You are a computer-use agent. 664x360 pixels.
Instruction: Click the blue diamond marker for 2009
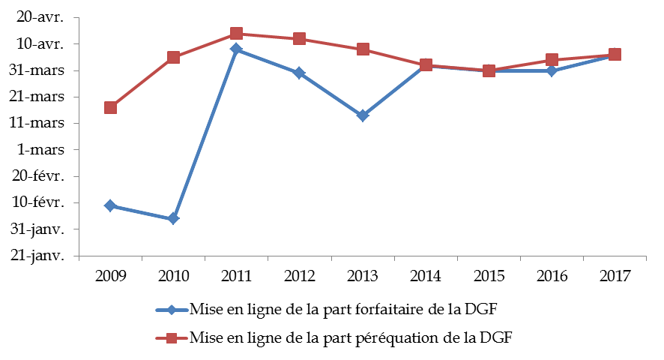[x=110, y=205]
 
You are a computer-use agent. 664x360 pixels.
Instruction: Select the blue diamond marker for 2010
[x=173, y=218]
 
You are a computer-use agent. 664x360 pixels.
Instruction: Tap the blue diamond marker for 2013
[x=362, y=115]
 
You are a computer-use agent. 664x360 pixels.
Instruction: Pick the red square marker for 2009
[x=110, y=107]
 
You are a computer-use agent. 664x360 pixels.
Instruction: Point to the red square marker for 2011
[x=236, y=33]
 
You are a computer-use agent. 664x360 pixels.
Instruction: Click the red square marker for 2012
[x=299, y=39]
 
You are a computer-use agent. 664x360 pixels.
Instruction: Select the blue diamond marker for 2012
[x=299, y=73]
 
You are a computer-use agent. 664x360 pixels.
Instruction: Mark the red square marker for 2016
[x=552, y=60]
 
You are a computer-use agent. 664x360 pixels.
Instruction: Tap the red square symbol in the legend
[x=172, y=338]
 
